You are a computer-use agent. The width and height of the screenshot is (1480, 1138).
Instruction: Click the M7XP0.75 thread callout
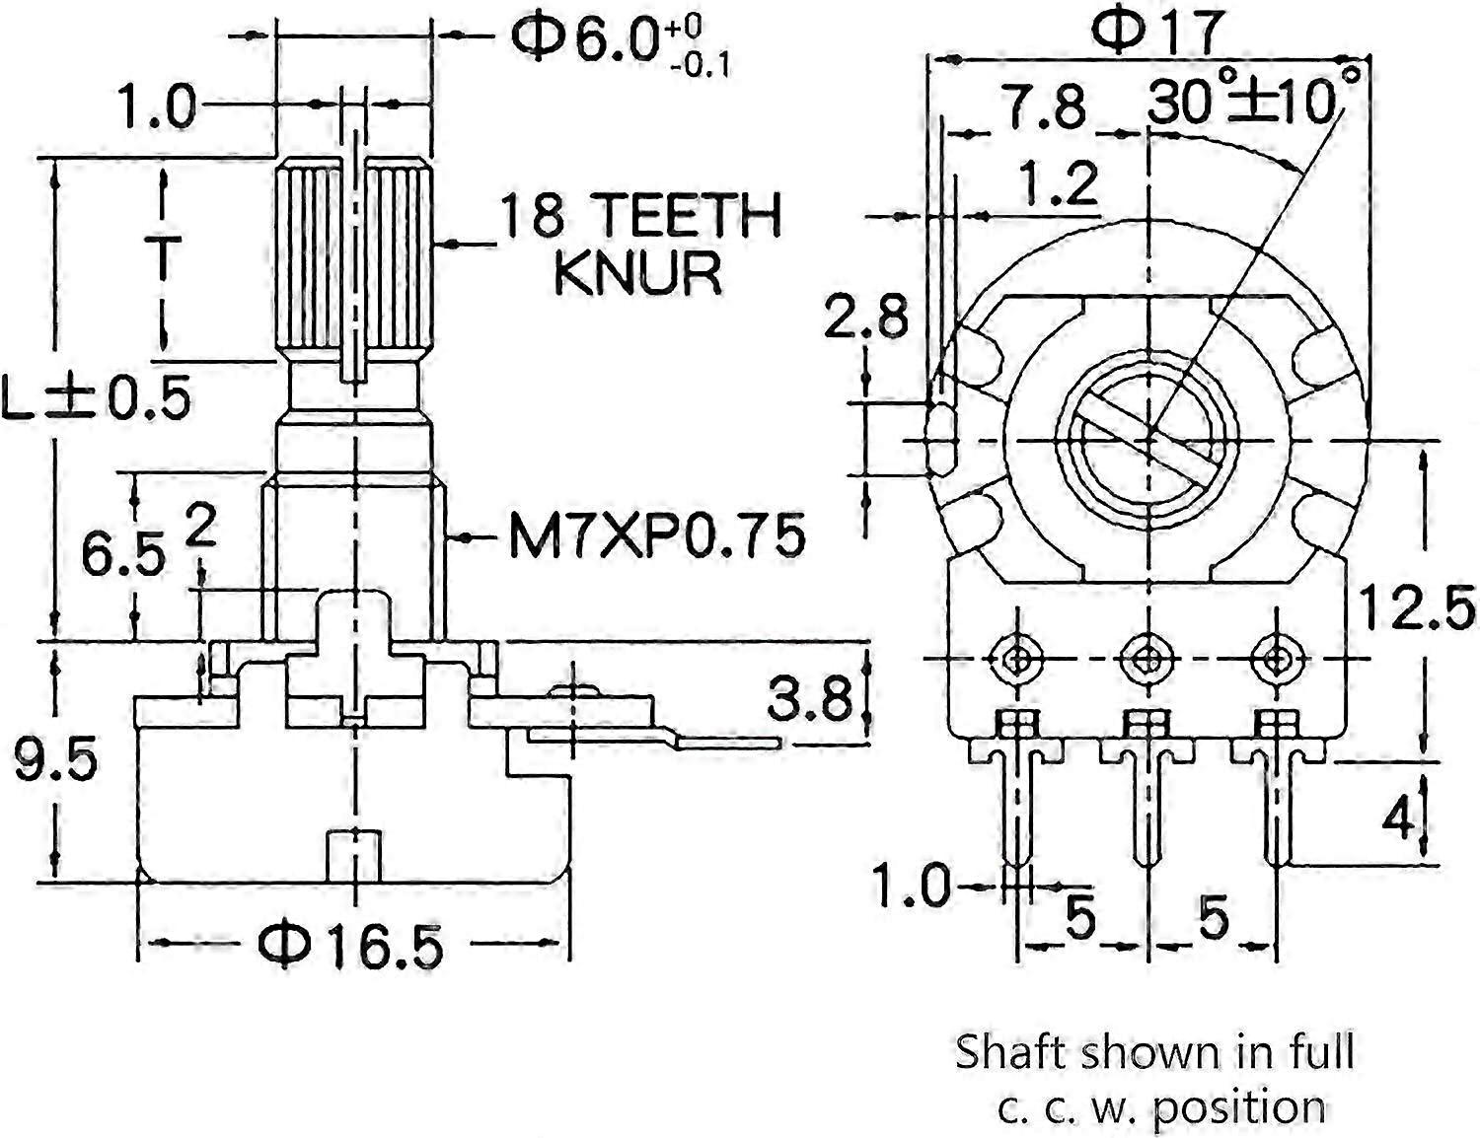coord(656,537)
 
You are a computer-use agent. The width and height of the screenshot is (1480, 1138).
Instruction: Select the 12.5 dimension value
coord(1417,607)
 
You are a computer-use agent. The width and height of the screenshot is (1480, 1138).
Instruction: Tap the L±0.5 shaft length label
coord(95,398)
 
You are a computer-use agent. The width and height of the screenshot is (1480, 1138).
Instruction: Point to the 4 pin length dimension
coord(1398,818)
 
